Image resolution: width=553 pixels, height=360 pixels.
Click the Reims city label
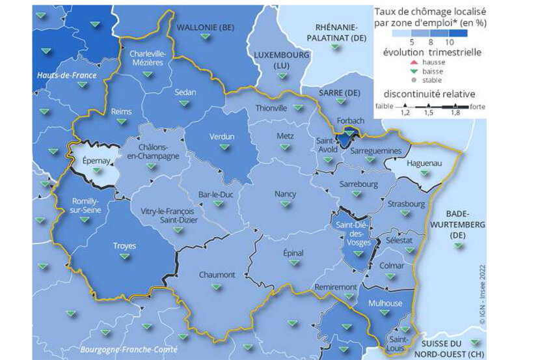(121, 111)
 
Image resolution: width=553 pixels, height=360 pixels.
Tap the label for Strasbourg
(405, 204)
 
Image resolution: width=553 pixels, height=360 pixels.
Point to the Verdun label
(221, 137)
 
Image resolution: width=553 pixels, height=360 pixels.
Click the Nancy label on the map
(285, 194)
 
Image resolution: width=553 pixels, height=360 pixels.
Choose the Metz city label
(285, 137)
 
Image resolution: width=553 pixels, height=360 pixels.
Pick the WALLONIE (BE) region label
(206, 27)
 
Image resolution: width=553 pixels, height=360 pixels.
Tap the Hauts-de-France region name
(66, 76)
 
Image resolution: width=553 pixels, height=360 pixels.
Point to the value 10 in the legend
(467, 41)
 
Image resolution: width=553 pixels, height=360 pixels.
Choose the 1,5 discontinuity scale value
(429, 113)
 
